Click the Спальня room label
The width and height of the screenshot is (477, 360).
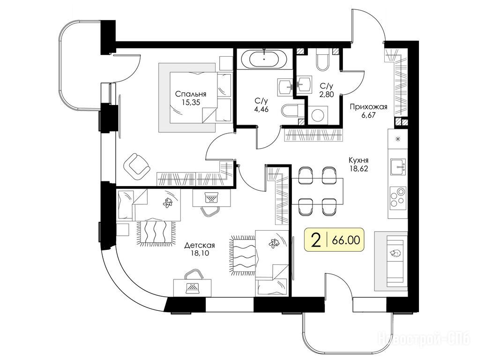[191, 94]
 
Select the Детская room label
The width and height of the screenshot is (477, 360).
[200, 245]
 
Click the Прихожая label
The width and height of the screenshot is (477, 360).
[368, 107]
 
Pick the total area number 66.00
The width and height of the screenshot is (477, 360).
[346, 240]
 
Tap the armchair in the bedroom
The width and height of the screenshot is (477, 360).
[137, 166]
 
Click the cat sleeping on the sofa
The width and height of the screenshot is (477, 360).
[395, 253]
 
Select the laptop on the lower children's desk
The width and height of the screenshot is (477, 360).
[192, 287]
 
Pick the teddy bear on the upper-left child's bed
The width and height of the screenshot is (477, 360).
[168, 202]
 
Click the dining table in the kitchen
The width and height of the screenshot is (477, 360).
[317, 190]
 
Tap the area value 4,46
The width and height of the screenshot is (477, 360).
[261, 109]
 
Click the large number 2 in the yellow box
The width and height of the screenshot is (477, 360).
[317, 240]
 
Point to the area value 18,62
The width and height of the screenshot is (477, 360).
[358, 168]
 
